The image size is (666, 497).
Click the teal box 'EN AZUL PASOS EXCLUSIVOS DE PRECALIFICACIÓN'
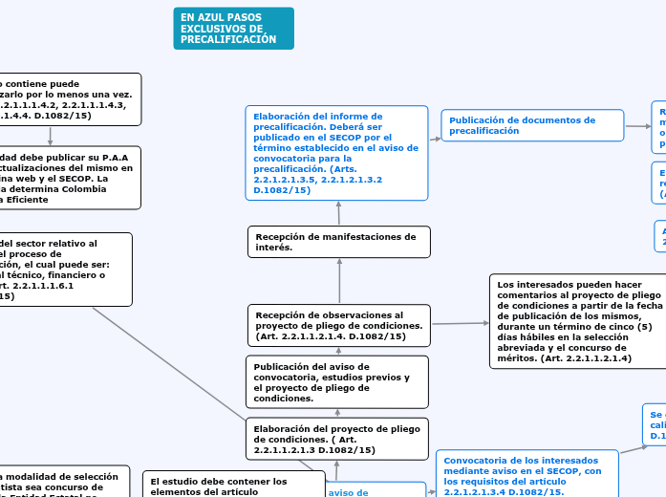pyautogui.click(x=233, y=28)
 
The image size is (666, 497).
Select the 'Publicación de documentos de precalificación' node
pyautogui.click(x=531, y=125)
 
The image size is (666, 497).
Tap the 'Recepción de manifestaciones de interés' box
pyautogui.click(x=338, y=242)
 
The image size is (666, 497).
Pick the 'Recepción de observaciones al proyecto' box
pyautogui.click(x=338, y=326)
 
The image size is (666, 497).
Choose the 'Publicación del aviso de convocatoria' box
pyautogui.click(x=337, y=381)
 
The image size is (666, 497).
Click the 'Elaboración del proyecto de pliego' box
pyautogui.click(x=337, y=439)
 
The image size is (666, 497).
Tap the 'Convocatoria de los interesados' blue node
pyautogui.click(x=526, y=475)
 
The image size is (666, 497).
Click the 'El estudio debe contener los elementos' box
pyautogui.click(x=219, y=486)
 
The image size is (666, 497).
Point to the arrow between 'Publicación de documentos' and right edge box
pyautogui.click(x=637, y=125)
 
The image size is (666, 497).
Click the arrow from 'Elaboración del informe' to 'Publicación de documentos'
pyautogui.click(x=435, y=139)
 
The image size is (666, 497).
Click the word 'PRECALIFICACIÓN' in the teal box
pyautogui.click(x=228, y=40)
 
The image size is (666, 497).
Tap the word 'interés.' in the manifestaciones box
pyautogui.click(x=274, y=248)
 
